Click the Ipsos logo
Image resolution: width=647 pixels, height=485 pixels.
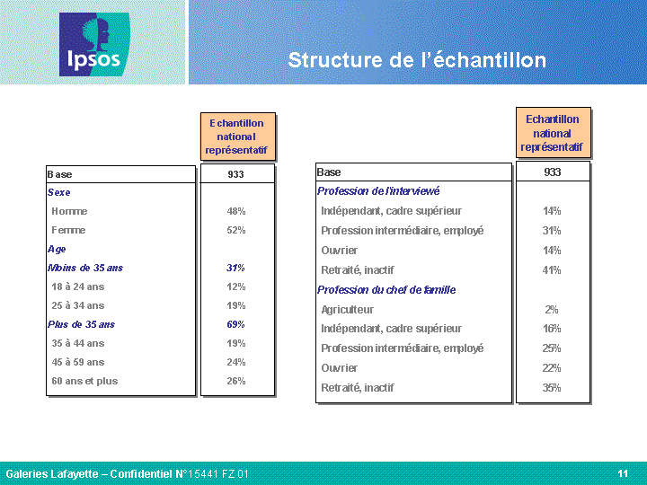pos(94,44)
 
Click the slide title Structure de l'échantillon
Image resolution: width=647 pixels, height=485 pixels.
pos(417,60)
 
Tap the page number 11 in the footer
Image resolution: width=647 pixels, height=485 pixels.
pos(623,473)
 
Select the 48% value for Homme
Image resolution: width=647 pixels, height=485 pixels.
pos(236,211)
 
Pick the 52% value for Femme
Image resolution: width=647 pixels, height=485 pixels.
pos(236,230)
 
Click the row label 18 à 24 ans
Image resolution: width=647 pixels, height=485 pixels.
pos(78,287)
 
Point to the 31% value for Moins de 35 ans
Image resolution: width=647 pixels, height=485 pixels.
pos(235,268)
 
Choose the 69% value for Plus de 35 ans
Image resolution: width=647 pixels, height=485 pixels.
pos(235,324)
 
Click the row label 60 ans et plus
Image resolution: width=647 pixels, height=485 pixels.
pos(84,381)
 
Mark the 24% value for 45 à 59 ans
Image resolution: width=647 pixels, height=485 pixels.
pos(236,362)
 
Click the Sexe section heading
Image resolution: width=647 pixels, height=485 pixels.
pos(58,192)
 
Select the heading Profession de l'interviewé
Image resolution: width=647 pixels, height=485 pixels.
pos(378,191)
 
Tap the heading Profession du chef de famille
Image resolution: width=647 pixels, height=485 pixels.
pos(386,290)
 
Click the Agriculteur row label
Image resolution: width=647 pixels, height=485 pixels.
pos(348,310)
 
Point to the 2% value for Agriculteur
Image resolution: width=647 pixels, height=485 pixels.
pos(552,310)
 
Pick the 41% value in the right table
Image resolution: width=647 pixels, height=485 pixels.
pos(552,270)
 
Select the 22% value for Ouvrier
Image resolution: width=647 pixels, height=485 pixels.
pos(552,368)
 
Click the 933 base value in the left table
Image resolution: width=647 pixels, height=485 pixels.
pos(236,174)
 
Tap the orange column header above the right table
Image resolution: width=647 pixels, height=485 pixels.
pos(554,133)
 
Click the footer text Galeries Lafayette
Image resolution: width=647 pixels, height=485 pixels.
pos(52,474)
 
